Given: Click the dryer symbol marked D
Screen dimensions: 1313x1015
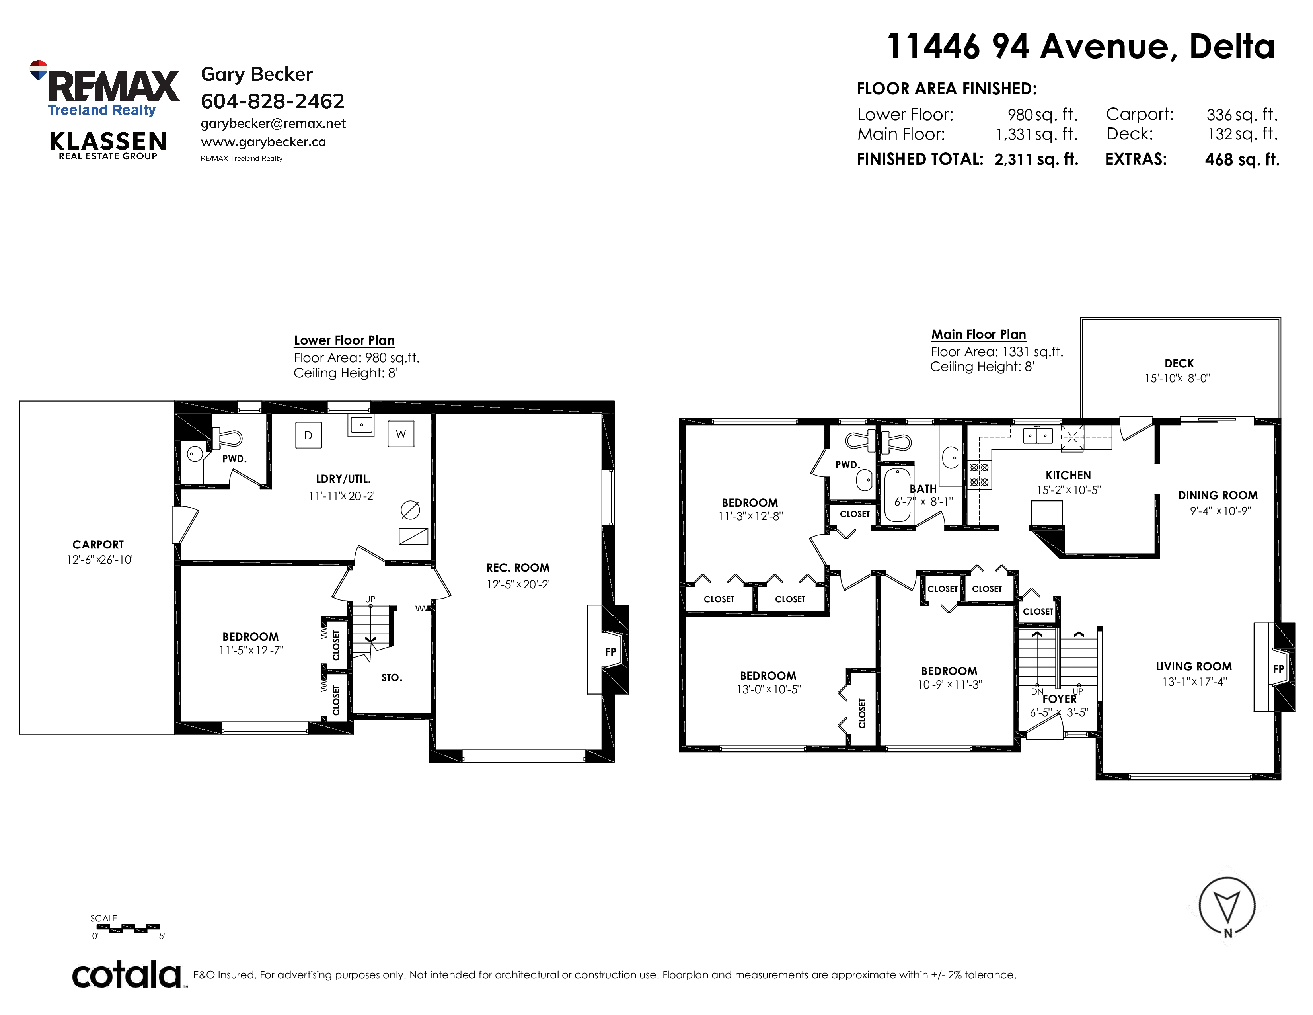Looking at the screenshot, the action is [308, 435].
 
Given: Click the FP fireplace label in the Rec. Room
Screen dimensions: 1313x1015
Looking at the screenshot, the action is [611, 652].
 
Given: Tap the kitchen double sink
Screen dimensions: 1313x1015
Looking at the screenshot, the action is [1038, 435].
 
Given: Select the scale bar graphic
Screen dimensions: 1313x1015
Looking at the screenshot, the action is [128, 929].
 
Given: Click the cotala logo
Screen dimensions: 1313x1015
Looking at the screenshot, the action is [127, 975].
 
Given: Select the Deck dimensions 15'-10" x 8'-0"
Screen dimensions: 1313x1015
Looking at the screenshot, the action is [1177, 378].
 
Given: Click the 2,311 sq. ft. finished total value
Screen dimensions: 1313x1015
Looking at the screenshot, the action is [1036, 159].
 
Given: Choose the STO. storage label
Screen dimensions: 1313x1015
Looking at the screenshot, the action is [392, 678].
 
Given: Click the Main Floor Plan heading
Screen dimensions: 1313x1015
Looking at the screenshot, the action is [979, 334].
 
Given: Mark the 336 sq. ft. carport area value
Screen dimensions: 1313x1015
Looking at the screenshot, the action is [1242, 114].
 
